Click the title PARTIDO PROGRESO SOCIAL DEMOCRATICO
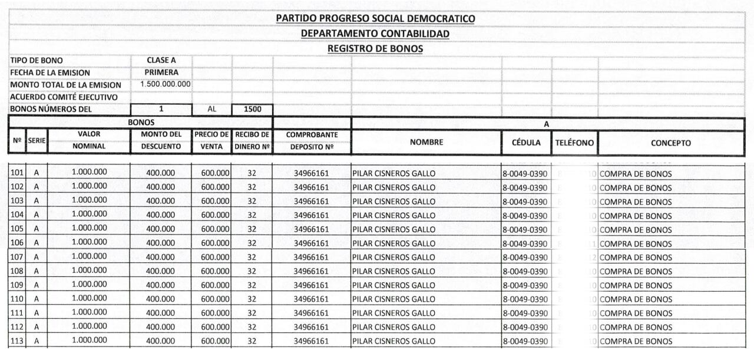tap(375, 19)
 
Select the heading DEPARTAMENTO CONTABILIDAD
tap(375, 34)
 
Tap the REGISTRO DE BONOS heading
tap(375, 48)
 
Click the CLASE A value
tap(161, 60)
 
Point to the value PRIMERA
tap(161, 72)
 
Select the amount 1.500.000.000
tap(165, 84)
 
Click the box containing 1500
tap(252, 109)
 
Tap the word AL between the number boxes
tap(212, 109)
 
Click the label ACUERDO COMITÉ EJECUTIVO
tap(64, 97)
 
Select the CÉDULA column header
tap(526, 143)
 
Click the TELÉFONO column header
tap(574, 143)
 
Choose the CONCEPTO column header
tap(670, 143)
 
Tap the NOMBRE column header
tap(426, 142)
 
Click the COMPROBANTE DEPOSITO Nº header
tap(312, 141)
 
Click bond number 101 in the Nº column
tap(16, 173)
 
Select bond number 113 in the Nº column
tap(16, 341)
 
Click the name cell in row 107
tap(393, 257)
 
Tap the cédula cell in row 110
tap(525, 299)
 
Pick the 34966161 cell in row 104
tap(311, 216)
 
